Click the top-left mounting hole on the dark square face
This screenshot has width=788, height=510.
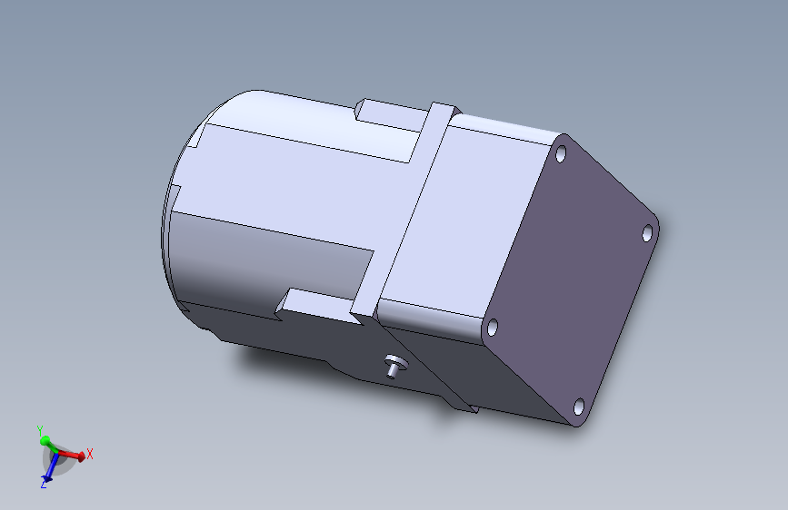(x=561, y=153)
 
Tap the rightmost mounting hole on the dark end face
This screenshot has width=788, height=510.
(x=648, y=233)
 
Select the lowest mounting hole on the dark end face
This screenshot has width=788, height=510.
(x=579, y=406)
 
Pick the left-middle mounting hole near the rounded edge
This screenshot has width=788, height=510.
(x=493, y=328)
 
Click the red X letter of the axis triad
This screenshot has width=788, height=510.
(x=90, y=454)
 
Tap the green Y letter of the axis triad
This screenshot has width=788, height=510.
(x=40, y=431)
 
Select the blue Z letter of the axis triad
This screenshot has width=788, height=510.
(x=44, y=484)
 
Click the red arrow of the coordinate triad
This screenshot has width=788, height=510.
(x=70, y=456)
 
